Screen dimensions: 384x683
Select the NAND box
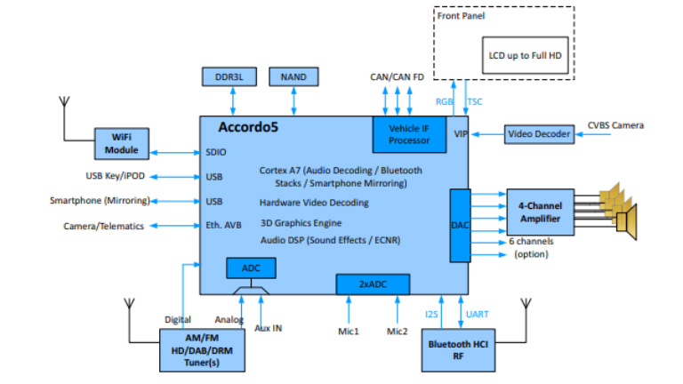pos(293,77)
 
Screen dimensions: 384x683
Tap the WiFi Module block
pos(123,143)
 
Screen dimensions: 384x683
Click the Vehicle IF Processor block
pos(409,134)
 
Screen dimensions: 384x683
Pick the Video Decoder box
pos(536,134)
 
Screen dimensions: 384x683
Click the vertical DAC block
pos(459,225)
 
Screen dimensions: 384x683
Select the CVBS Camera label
pos(615,125)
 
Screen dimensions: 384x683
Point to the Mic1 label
pos(348,332)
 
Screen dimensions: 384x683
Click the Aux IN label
pos(268,328)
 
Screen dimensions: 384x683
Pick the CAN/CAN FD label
pos(398,77)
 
